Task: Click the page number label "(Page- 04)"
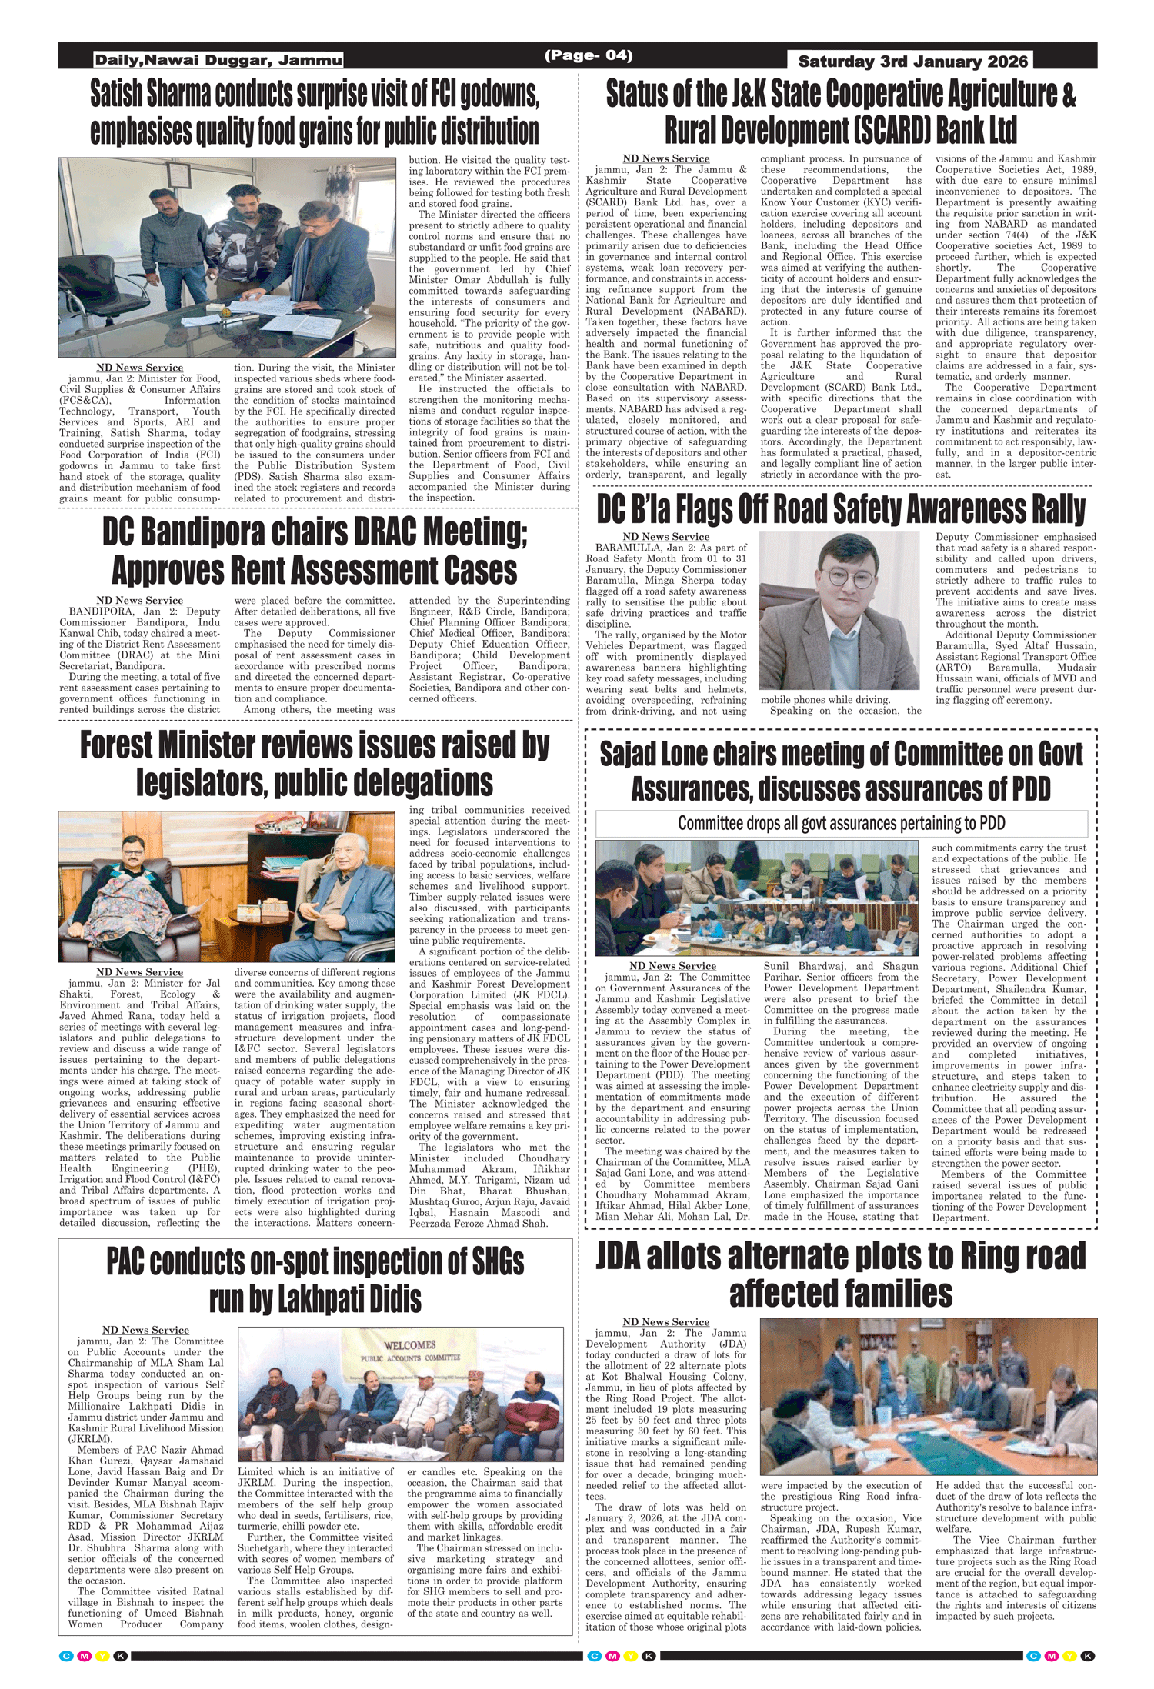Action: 589,55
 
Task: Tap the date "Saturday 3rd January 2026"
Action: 912,62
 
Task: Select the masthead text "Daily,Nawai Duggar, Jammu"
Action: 218,60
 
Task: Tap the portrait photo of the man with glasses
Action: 839,611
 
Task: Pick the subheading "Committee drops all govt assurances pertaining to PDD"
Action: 841,823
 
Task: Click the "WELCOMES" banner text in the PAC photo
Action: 409,1344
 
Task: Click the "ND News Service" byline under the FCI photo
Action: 139,368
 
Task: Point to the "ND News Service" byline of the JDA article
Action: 665,1321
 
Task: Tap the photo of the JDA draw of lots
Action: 928,1396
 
